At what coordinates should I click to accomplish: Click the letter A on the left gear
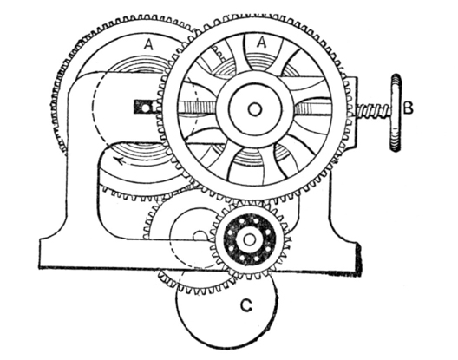coord(148,45)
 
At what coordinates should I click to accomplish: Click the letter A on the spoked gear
coord(262,43)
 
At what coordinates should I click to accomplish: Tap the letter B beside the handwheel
coord(408,108)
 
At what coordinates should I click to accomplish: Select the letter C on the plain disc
coord(246,306)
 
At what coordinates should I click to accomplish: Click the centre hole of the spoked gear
coord(255,109)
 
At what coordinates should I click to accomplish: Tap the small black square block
coord(144,107)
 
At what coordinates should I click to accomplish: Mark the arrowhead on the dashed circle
coord(120,160)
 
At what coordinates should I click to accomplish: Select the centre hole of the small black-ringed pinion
coord(249,239)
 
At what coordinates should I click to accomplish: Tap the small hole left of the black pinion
coord(200,236)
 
